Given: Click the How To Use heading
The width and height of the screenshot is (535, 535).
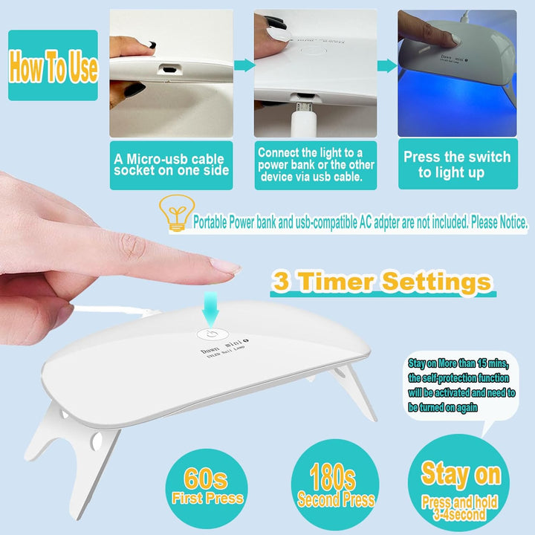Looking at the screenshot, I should click(53, 68).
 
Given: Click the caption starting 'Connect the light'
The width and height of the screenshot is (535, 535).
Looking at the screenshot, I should click(316, 164).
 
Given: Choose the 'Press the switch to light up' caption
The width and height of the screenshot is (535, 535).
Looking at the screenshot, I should click(457, 164).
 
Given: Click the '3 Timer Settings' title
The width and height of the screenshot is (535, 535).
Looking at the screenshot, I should click(381, 282).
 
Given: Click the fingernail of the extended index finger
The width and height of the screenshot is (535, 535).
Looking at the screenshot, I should click(225, 265).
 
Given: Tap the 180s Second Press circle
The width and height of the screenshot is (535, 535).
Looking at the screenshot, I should click(336, 487).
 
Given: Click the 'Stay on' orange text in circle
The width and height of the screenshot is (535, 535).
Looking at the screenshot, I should click(461, 473).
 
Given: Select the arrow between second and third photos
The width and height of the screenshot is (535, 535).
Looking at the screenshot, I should click(386, 66).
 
